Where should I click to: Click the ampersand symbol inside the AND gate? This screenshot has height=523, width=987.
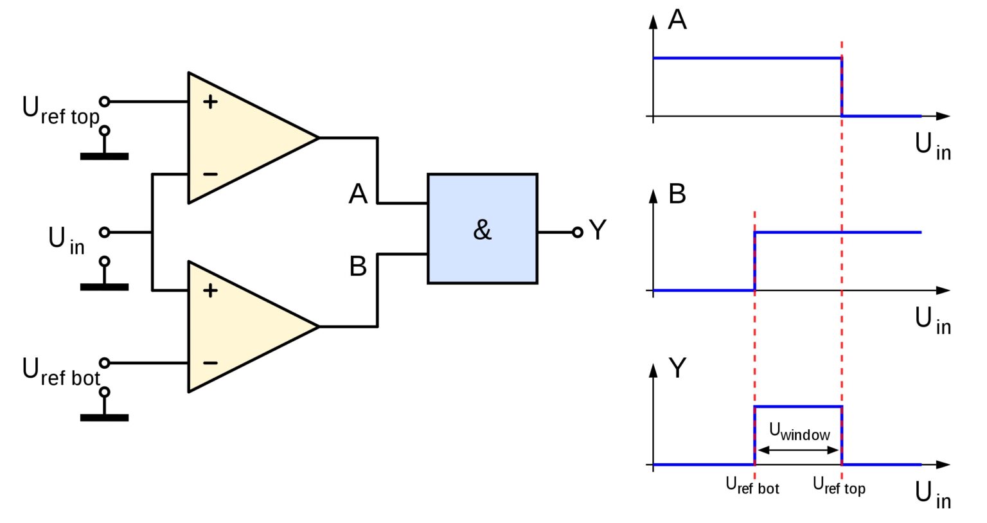click(x=482, y=230)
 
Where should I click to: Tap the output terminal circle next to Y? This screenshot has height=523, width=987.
click(x=578, y=232)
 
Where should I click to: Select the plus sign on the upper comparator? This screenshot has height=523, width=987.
click(x=210, y=102)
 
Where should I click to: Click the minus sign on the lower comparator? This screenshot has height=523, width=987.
click(x=210, y=363)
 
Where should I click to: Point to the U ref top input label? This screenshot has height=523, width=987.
click(x=60, y=111)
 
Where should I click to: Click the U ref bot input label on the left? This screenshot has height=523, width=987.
click(x=60, y=373)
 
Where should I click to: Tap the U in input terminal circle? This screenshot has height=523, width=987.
click(x=105, y=232)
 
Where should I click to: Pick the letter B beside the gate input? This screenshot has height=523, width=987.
click(x=358, y=266)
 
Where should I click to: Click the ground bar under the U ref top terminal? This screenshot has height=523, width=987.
click(x=104, y=156)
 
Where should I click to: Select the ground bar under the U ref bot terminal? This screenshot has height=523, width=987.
click(x=104, y=418)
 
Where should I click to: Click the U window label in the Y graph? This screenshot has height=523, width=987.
click(x=799, y=432)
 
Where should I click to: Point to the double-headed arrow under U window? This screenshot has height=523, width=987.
click(x=798, y=450)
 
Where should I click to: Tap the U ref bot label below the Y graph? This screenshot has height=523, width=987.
click(x=752, y=486)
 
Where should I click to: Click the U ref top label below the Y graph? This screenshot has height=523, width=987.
click(x=839, y=486)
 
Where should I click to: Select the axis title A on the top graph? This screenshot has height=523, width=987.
click(x=677, y=20)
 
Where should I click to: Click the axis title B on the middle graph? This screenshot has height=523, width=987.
click(x=677, y=194)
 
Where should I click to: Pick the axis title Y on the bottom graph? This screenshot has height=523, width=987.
click(x=677, y=368)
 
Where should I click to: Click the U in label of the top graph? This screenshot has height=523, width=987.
click(x=932, y=146)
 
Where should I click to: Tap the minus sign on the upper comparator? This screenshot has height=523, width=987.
click(x=210, y=174)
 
